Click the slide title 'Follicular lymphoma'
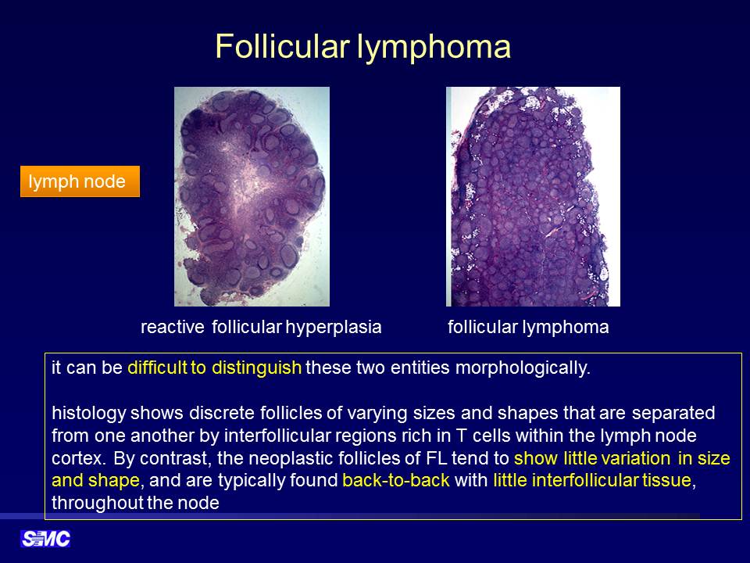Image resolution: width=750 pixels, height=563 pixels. pos(362,46)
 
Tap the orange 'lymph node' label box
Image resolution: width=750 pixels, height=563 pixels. pos(80,181)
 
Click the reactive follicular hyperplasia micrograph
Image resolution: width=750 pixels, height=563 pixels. pos(252,196)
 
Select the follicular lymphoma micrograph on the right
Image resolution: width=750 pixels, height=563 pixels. pos(533,196)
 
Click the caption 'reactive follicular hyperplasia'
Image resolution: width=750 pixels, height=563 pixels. pos(261,327)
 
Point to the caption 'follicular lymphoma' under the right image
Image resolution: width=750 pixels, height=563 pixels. pos(528,327)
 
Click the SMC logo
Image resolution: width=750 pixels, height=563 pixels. pos(45,539)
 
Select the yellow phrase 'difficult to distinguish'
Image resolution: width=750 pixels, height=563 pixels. pos(214,368)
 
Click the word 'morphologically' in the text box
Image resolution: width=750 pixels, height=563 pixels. pos(523,368)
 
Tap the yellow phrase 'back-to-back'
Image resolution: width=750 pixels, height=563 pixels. pos(396,480)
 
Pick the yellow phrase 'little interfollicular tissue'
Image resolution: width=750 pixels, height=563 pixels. pos(592,480)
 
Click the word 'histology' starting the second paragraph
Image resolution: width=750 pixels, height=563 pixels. pos(88,413)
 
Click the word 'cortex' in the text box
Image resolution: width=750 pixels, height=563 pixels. pos(76,459)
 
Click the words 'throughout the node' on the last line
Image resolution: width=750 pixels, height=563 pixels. pos(135,503)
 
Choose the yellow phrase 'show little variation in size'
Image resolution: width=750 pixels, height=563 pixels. pos(622,458)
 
